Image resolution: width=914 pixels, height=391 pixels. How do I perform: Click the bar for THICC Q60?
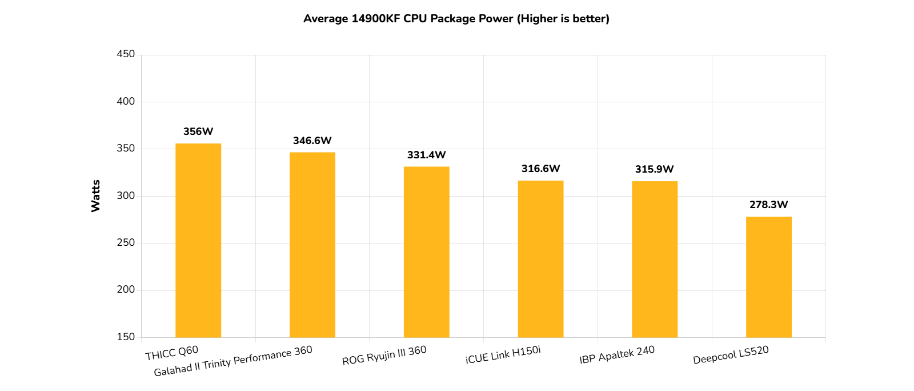click(198, 240)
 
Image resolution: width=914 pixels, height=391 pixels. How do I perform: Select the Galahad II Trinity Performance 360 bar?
click(312, 245)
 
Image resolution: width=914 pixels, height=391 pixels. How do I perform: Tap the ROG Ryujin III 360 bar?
click(426, 252)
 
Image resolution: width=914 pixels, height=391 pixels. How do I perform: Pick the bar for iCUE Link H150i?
click(540, 259)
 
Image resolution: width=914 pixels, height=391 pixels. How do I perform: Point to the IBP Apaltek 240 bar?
click(655, 259)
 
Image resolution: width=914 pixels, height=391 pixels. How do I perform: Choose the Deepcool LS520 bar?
click(769, 277)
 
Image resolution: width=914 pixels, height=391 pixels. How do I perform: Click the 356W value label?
click(198, 131)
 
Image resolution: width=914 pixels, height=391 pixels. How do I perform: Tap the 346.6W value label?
click(312, 141)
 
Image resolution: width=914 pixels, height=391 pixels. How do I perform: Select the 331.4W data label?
click(426, 155)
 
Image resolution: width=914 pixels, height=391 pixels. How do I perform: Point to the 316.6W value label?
click(540, 169)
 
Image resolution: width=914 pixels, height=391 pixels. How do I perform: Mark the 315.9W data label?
click(655, 169)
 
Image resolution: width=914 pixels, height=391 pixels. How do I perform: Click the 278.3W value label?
click(769, 205)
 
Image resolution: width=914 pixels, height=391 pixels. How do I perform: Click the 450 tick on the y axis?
click(126, 54)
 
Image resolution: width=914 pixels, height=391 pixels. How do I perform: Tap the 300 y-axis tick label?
click(126, 195)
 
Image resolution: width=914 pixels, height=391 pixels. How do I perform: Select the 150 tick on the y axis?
click(126, 337)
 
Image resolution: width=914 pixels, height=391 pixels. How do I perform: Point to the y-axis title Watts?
click(95, 196)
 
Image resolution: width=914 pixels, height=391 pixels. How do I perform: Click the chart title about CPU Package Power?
click(456, 19)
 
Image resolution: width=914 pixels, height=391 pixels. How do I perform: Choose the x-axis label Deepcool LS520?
click(731, 355)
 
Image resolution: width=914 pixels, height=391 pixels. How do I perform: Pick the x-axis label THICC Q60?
click(172, 353)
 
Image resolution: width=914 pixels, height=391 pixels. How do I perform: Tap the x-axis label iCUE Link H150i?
click(503, 354)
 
